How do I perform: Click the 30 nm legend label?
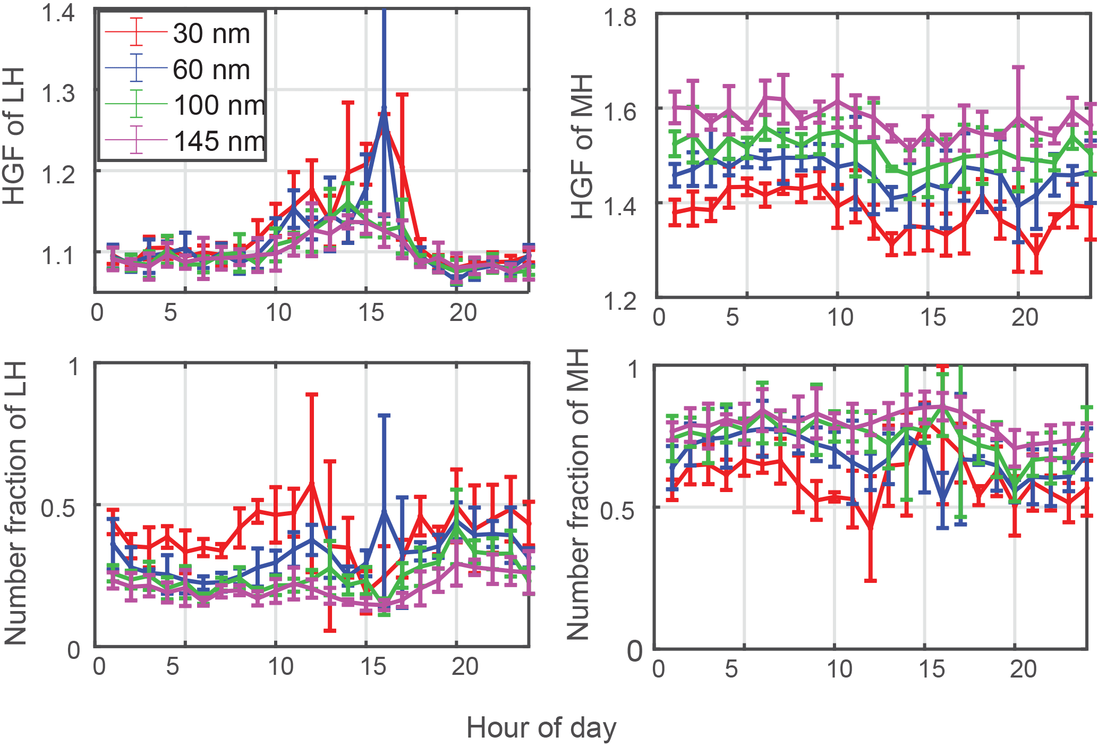[211, 34]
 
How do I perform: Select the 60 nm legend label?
[211, 70]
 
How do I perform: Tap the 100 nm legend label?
[219, 105]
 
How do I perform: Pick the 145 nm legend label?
[219, 141]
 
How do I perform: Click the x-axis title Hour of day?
[541, 727]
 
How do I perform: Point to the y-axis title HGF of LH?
[14, 136]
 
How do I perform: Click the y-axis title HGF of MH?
[582, 147]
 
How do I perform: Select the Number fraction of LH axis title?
[15, 503]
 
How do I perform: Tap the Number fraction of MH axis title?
[578, 494]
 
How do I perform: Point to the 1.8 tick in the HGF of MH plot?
[620, 18]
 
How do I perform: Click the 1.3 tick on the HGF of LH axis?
[58, 94]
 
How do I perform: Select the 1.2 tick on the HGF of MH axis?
[620, 302]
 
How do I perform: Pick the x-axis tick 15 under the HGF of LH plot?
[371, 313]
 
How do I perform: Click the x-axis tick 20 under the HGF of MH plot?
[1024, 317]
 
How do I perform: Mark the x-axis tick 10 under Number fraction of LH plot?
[280, 666]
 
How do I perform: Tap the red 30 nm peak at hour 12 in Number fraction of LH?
[312, 482]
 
